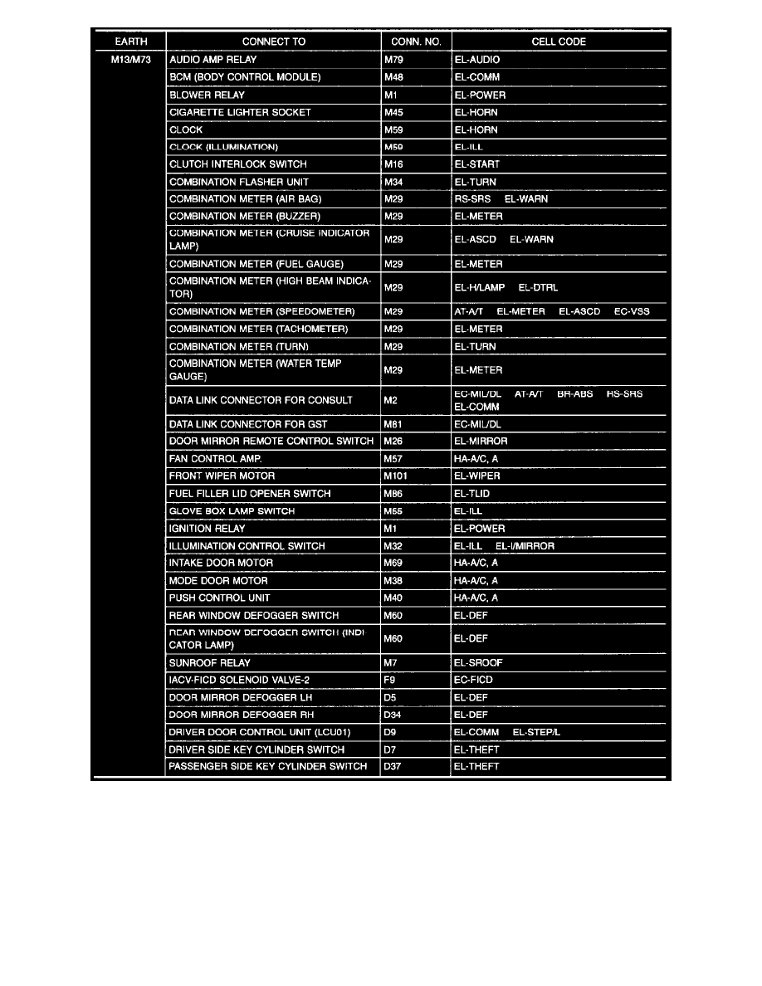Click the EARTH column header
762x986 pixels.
click(128, 41)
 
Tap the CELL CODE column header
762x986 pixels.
click(559, 41)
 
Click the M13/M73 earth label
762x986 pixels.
click(128, 60)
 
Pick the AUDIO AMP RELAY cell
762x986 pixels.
click(212, 60)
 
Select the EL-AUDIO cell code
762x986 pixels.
click(477, 60)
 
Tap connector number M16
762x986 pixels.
click(393, 164)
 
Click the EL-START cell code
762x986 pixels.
click(477, 164)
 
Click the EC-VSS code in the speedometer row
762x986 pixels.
click(632, 311)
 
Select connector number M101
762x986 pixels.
click(396, 476)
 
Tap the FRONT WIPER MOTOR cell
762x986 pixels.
click(222, 476)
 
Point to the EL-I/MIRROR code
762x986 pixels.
click(525, 546)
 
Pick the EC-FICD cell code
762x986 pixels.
click(474, 680)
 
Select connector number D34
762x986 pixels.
click(393, 715)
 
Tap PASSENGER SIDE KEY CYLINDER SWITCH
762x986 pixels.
click(267, 766)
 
